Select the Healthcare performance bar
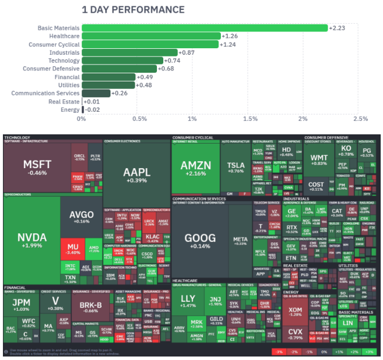(151, 36)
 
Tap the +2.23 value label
(337, 28)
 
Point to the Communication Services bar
(96, 93)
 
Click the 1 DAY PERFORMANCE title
(133, 10)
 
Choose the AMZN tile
(195, 167)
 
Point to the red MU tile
(73, 249)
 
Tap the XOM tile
(295, 312)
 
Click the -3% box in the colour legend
(279, 352)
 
